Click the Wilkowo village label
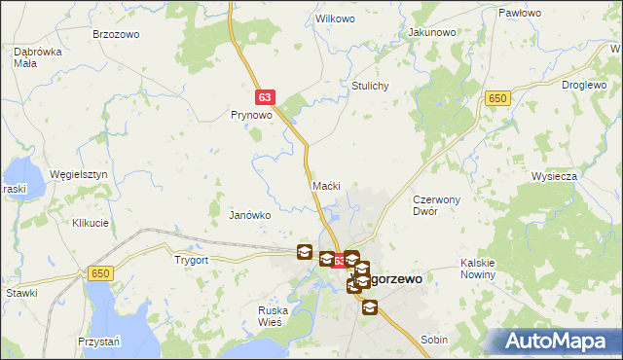[x=333, y=19]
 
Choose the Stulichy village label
[x=370, y=86]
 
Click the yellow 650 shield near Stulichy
[x=497, y=98]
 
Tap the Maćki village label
[x=325, y=185]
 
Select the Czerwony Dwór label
[x=434, y=203]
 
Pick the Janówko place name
[x=249, y=214]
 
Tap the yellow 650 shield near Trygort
[x=99, y=274]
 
